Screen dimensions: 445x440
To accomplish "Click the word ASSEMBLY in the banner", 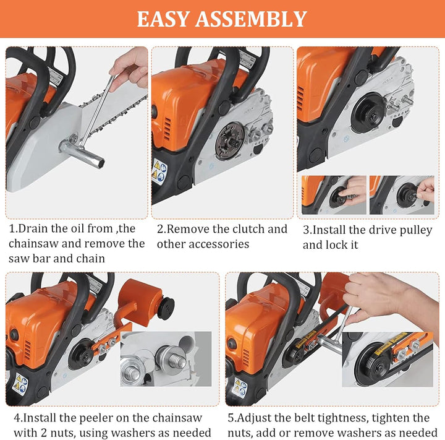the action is [x=251, y=19].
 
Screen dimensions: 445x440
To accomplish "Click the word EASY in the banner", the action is [x=163, y=19].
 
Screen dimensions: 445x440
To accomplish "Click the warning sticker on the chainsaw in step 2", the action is [x=159, y=172].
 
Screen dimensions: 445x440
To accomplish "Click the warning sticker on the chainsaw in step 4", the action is [x=20, y=384].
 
